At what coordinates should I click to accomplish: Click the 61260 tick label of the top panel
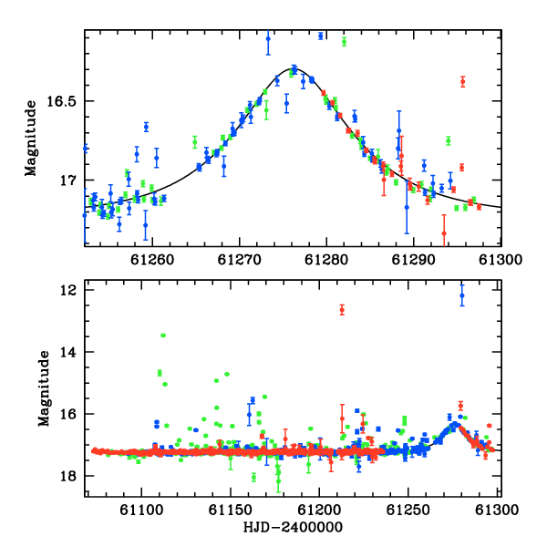pos(152,260)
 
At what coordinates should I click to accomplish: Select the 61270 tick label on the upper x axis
pos(239,260)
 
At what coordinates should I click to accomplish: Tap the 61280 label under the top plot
pos(326,260)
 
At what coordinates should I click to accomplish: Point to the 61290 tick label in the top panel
pos(413,260)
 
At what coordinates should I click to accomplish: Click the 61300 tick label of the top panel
pos(501,260)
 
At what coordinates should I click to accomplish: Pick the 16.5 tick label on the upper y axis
pos(61,101)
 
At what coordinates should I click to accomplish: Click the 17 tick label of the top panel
pos(67,181)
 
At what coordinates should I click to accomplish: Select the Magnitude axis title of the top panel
pos(30,139)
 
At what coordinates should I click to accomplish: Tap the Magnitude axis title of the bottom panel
pos(44,388)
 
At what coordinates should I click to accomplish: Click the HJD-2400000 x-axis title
pos(293,527)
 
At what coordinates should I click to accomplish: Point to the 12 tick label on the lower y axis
pos(67,290)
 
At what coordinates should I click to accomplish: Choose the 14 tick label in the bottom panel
pos(67,352)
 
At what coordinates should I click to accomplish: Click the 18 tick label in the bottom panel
pos(67,476)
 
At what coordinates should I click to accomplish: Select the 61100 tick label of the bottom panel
pos(141,510)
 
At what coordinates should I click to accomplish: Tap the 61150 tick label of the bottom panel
pos(231,510)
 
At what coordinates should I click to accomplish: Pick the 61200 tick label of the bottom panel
pos(319,510)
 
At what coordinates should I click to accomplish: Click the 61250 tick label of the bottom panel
pos(408,510)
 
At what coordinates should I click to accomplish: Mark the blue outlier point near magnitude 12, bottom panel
pos(462,295)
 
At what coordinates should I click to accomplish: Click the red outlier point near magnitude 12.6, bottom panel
pos(342,310)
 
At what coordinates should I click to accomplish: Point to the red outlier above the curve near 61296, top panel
pos(462,82)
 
